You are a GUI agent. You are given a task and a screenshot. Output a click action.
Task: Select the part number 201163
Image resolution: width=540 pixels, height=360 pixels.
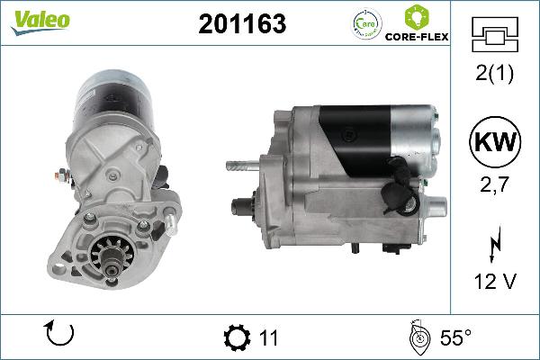point(240,25)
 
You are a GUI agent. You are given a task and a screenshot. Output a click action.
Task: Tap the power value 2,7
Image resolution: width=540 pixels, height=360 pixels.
point(493,186)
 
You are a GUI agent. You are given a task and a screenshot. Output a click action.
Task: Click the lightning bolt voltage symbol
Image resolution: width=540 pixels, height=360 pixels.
point(493,245)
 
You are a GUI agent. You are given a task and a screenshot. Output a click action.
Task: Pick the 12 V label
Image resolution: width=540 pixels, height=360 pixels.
point(493,283)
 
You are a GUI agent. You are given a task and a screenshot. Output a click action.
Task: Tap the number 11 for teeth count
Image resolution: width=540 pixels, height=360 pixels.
point(268,338)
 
